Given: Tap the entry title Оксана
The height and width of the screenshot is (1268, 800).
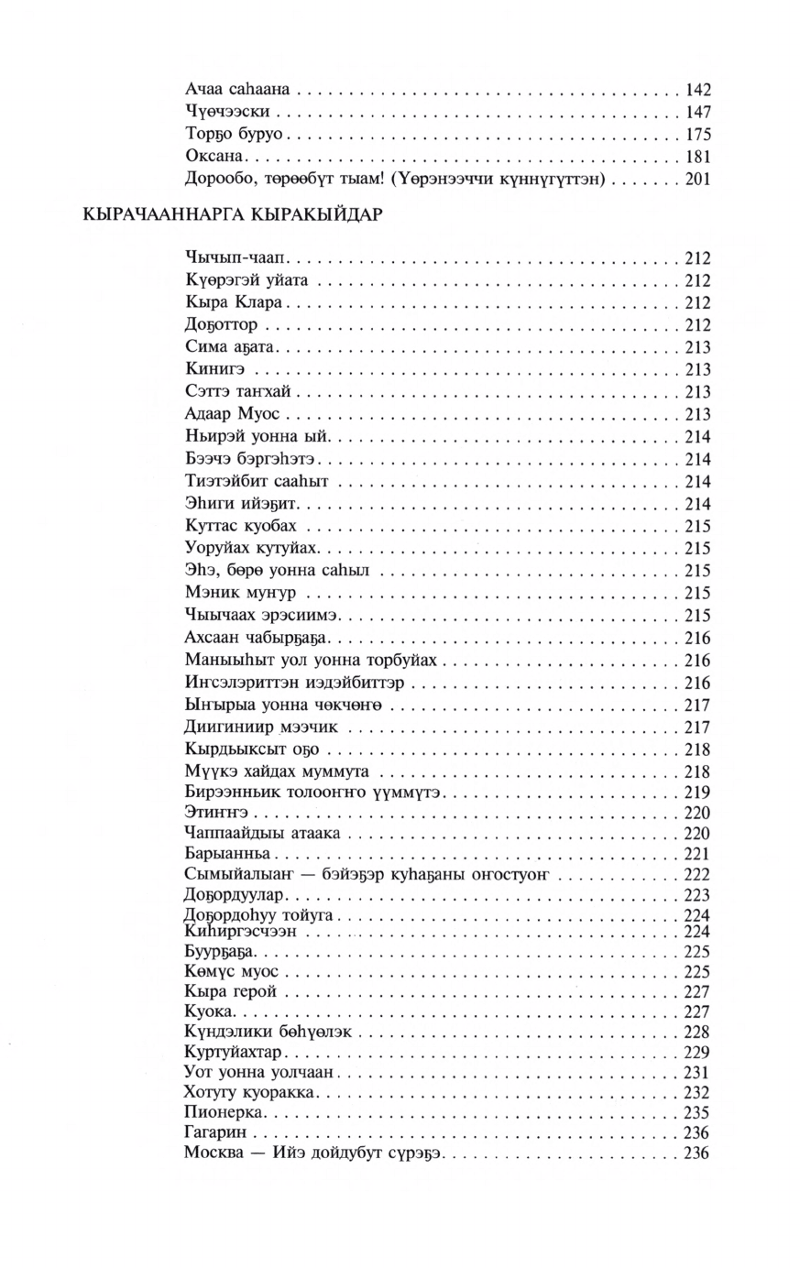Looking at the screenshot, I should click(x=212, y=156).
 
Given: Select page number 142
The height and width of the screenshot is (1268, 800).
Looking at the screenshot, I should click(x=698, y=90).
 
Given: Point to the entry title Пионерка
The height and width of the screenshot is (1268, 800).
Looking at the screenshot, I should click(x=225, y=1112).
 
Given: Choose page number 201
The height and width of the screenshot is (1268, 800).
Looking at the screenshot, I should click(x=698, y=179).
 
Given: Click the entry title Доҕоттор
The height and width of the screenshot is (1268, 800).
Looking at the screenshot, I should click(x=221, y=325).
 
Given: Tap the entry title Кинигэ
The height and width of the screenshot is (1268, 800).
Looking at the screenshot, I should click(x=214, y=369).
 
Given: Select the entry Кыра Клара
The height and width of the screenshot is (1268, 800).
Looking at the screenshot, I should click(x=224, y=302).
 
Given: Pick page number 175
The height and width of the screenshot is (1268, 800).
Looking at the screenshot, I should click(x=698, y=134).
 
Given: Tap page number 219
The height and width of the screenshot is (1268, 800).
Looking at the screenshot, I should click(x=698, y=791).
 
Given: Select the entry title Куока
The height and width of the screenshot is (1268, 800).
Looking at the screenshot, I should click(x=210, y=1011).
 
